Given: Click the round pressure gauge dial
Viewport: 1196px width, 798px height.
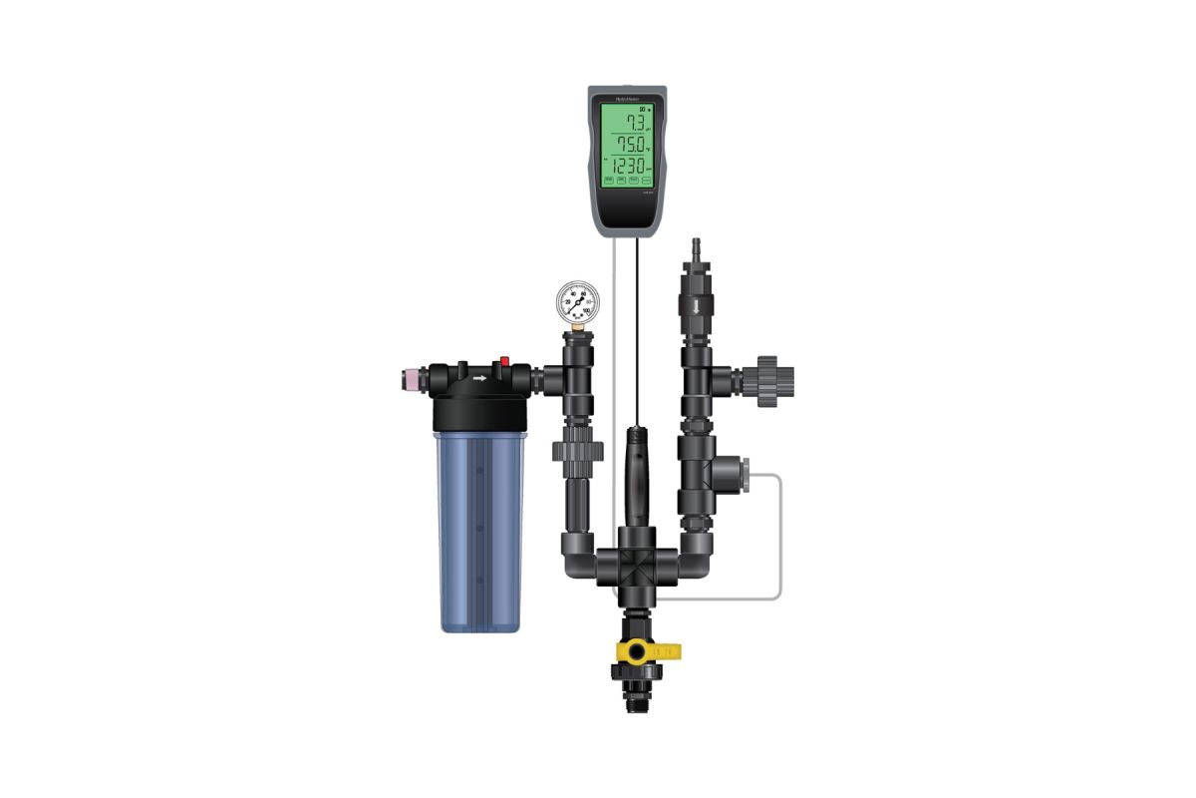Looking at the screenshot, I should [x=578, y=299].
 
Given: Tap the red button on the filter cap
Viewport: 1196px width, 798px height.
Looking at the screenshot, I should [x=505, y=361].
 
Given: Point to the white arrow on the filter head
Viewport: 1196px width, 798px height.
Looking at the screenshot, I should [x=479, y=378].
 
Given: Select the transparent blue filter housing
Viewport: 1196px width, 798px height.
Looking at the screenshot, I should [x=479, y=529].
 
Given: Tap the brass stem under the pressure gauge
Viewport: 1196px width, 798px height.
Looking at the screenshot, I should [x=578, y=324].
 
